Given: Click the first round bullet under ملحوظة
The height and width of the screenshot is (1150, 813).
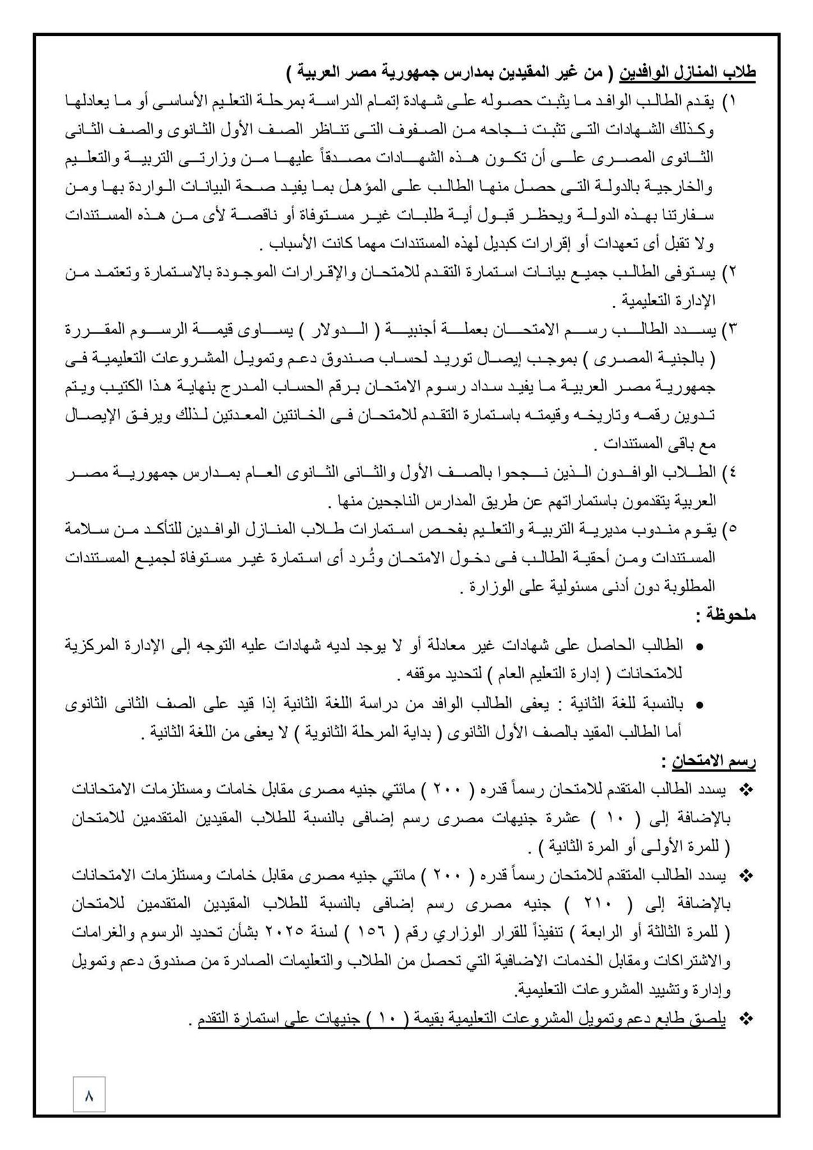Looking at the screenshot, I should coord(699,647).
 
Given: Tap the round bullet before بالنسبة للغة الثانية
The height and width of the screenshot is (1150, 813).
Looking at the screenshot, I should coord(699,705).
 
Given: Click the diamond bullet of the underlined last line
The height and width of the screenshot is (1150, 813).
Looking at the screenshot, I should coord(745,1019).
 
